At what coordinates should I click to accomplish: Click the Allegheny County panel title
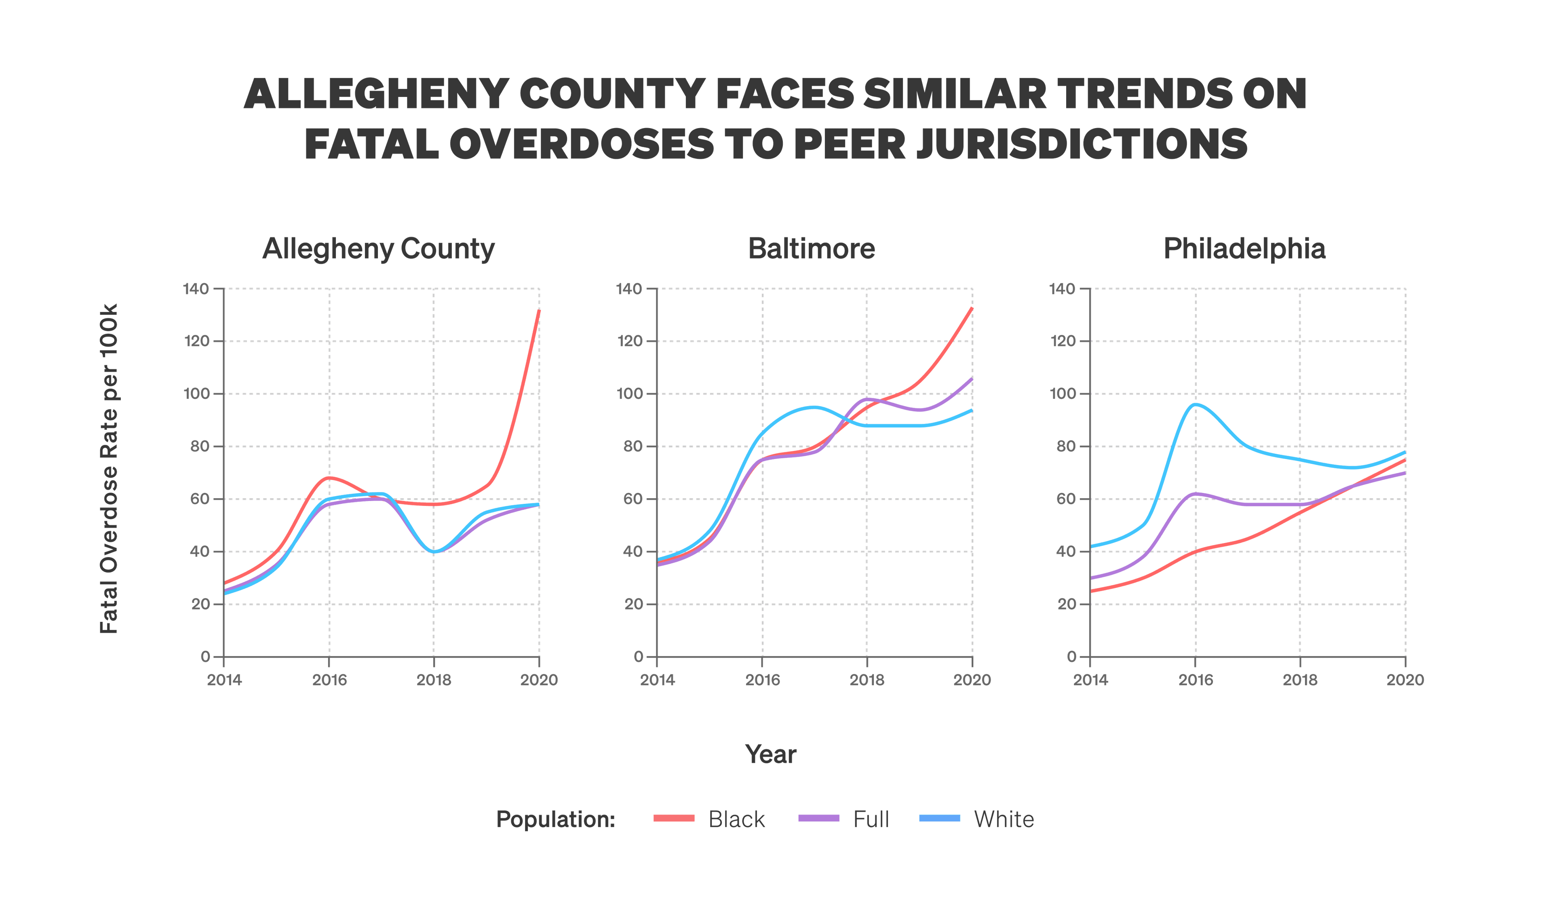pos(378,249)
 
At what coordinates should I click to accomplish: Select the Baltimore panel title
pos(811,249)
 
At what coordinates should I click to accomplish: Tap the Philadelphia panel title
pos(1244,249)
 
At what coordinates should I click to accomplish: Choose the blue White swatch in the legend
pos(940,818)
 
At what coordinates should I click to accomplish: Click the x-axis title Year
pos(770,754)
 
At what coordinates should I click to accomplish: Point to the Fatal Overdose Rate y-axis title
pos(109,469)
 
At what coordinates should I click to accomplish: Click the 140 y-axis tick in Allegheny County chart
pos(196,289)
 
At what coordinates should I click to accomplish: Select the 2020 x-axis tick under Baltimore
pos(972,680)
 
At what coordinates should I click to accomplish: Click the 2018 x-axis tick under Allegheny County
pos(434,680)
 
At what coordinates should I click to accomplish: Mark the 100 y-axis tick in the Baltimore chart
pos(629,394)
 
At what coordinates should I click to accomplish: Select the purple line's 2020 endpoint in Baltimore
pos(972,379)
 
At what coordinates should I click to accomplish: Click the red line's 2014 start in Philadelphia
pos(1092,591)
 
